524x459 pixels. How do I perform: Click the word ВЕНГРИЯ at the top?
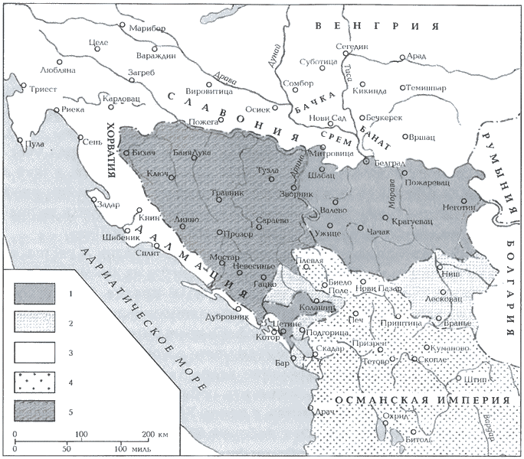(x=375, y=26)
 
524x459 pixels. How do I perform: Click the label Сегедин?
(x=355, y=47)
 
